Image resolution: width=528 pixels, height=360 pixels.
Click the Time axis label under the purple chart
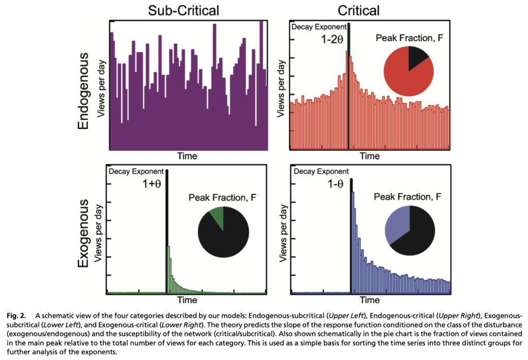(x=187, y=155)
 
